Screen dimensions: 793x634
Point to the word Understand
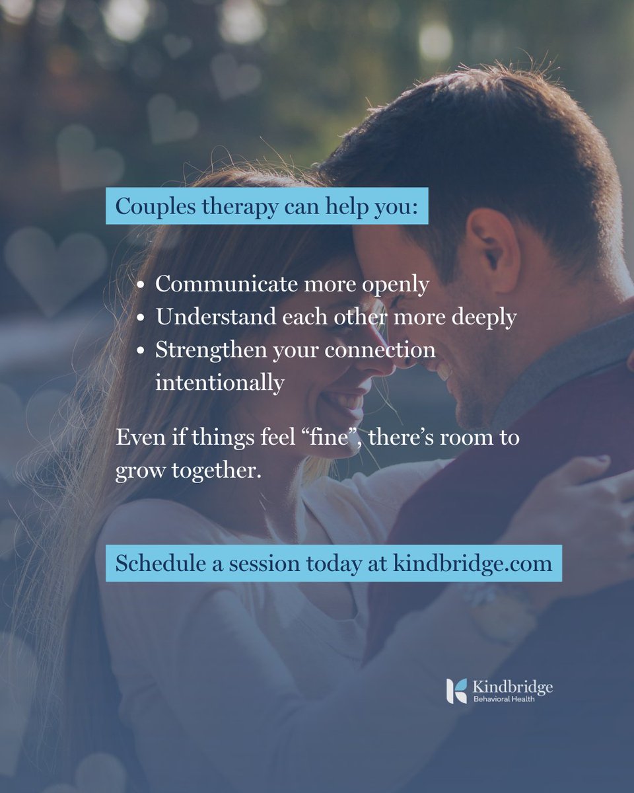coord(206,317)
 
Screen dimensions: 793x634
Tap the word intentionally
coord(220,383)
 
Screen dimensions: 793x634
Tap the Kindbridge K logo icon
coord(456,691)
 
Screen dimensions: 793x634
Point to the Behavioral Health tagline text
coord(504,699)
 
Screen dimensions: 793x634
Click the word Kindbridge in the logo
coord(513,687)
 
